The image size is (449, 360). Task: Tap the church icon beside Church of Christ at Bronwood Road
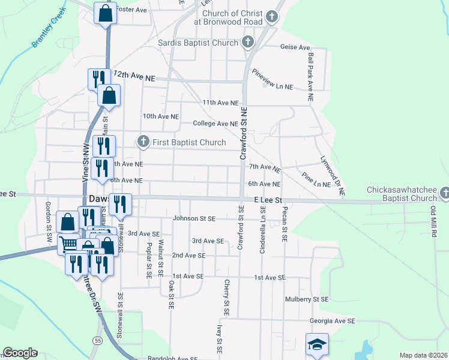[x=272, y=17]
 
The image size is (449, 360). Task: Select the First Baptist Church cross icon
[x=143, y=142]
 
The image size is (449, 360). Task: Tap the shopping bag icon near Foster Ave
[x=105, y=13]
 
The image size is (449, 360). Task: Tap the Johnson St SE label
[x=194, y=218]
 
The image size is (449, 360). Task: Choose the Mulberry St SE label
[x=307, y=299]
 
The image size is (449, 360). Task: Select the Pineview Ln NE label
[x=273, y=86]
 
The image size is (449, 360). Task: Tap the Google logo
[x=20, y=352]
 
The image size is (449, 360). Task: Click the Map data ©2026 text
[x=423, y=355]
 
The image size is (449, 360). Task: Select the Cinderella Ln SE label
[x=262, y=230]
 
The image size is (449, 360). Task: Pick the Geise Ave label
[x=295, y=47]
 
